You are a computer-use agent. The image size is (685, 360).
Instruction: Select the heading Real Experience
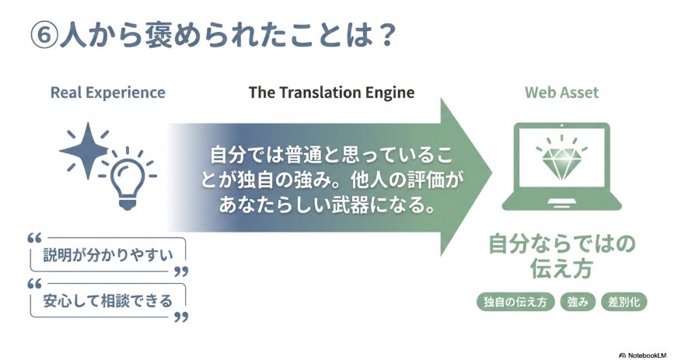(108, 93)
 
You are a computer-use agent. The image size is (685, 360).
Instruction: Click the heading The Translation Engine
(331, 93)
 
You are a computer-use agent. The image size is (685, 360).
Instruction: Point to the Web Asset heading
(561, 93)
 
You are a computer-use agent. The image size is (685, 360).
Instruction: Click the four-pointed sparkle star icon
(86, 151)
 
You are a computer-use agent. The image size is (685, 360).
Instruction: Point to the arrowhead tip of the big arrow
(493, 173)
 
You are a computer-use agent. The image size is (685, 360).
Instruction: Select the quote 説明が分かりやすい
(108, 255)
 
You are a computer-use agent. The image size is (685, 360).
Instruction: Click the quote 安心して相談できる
(108, 301)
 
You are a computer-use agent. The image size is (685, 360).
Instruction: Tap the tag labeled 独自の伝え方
(515, 302)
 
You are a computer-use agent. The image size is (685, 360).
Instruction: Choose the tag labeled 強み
(578, 302)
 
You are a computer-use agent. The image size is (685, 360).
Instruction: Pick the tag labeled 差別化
(624, 302)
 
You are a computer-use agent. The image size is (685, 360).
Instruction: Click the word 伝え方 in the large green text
(561, 268)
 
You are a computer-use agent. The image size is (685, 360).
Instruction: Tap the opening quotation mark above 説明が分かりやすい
(34, 239)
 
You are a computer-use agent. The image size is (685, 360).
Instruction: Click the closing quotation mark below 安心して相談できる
(181, 316)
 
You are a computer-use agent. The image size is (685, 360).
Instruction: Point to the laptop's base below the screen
(561, 203)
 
